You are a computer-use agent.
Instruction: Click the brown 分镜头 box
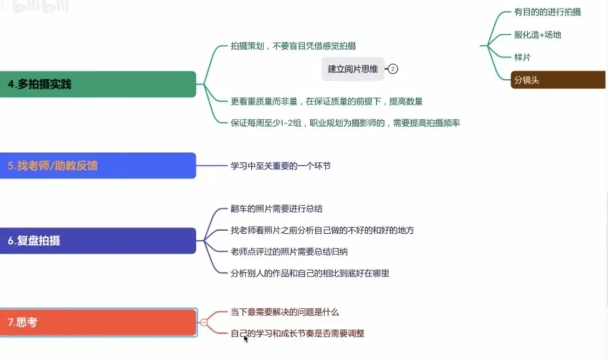557,80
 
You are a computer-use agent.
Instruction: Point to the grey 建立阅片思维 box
353,69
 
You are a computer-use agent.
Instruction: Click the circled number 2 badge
393,69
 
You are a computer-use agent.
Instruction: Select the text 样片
522,57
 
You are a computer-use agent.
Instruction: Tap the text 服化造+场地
538,34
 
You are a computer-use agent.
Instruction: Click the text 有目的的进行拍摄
547,12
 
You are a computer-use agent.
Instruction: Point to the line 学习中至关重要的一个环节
285,166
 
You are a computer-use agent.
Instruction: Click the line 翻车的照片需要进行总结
276,209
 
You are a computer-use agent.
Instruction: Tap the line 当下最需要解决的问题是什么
285,312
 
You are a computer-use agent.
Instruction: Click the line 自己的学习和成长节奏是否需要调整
297,333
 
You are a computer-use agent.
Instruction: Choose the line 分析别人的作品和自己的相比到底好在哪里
310,273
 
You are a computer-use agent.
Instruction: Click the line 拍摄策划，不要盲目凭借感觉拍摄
293,46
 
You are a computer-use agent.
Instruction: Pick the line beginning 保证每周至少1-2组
345,123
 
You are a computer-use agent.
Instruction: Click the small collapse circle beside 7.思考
204,322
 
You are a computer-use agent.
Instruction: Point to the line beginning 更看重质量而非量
327,101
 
